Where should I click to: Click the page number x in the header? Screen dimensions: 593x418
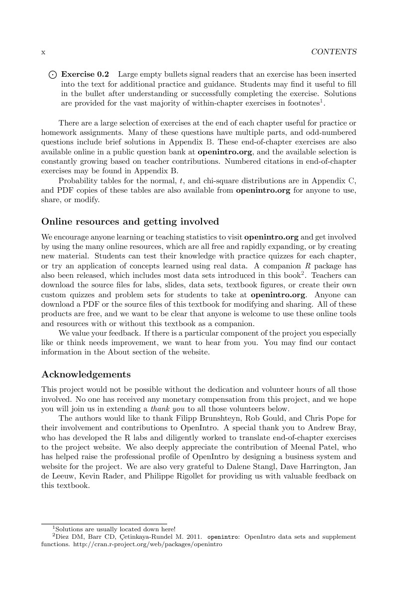(x=43, y=52)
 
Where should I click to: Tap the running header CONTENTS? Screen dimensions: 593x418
(x=333, y=52)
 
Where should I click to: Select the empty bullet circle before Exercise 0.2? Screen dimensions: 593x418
(x=52, y=75)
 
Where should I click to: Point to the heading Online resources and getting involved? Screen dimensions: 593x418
(x=130, y=222)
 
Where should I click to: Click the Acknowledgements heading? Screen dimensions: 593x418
(x=86, y=374)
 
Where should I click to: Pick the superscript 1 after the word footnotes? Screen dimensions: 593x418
(x=322, y=101)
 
